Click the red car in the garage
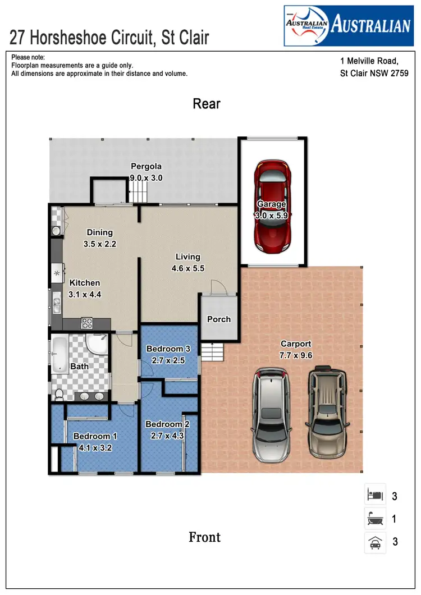(x=273, y=206)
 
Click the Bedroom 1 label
(x=95, y=436)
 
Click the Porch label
(x=219, y=319)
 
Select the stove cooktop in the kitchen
(x=88, y=323)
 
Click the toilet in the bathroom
(x=58, y=395)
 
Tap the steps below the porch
(x=213, y=352)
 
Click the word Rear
(x=207, y=104)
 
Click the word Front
(x=204, y=537)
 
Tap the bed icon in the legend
(x=374, y=496)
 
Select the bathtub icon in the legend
(x=374, y=519)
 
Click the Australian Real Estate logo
(x=347, y=25)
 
